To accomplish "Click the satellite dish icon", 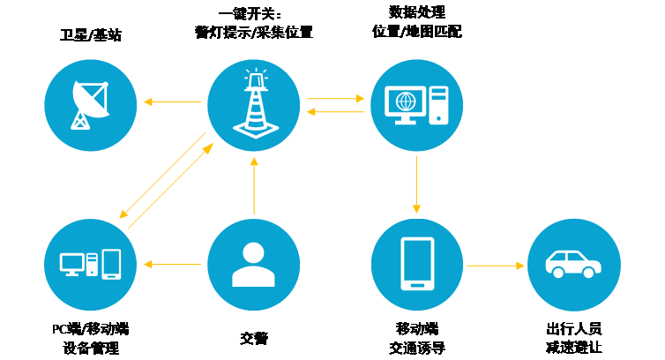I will click(x=90, y=105).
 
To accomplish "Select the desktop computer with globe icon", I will click(x=416, y=105).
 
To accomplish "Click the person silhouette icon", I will click(x=253, y=265).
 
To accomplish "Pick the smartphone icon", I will click(x=416, y=265).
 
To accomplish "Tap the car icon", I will click(x=573, y=265).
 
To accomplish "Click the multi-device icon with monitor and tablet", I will click(x=90, y=265).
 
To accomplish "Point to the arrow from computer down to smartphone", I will click(x=416, y=184).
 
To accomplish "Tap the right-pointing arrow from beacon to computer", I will click(x=336, y=99).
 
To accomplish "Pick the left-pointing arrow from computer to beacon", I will click(x=336, y=111).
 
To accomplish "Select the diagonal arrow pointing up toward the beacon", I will click(x=171, y=185).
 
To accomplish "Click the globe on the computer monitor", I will click(x=405, y=101).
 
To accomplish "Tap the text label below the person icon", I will click(x=253, y=337).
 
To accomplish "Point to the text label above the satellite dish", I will click(x=90, y=36).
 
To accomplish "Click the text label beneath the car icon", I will click(x=573, y=337).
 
